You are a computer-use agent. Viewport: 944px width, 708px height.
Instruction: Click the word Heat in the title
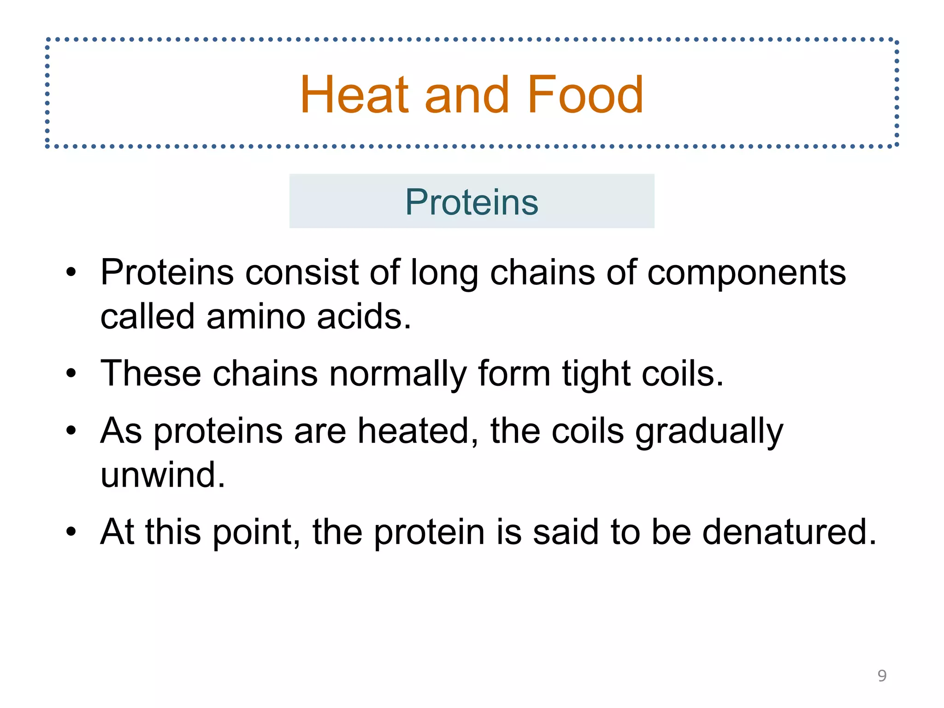(x=354, y=95)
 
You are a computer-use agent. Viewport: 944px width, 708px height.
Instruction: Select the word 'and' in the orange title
(x=466, y=96)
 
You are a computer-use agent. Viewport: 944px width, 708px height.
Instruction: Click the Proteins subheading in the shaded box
(x=472, y=202)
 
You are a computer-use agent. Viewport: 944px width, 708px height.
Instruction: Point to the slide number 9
(x=882, y=676)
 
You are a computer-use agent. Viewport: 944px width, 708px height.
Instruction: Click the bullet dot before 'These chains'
(x=71, y=373)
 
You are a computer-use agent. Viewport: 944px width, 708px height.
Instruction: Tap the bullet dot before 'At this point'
(x=71, y=532)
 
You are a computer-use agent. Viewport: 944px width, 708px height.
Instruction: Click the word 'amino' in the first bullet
(x=256, y=317)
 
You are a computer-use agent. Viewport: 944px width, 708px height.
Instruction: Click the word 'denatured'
(x=788, y=532)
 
